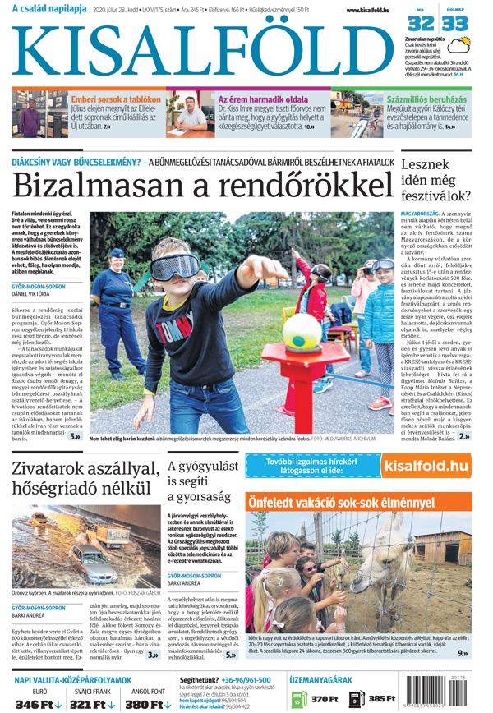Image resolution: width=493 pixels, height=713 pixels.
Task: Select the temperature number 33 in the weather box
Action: coord(457,23)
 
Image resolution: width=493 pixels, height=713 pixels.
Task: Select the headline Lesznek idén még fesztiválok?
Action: coord(435,180)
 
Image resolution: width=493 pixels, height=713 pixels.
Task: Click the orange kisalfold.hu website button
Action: coord(426,467)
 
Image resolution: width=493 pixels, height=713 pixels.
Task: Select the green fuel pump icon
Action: coord(297,699)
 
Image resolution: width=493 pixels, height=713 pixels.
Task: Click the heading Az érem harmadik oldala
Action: coord(263,99)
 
